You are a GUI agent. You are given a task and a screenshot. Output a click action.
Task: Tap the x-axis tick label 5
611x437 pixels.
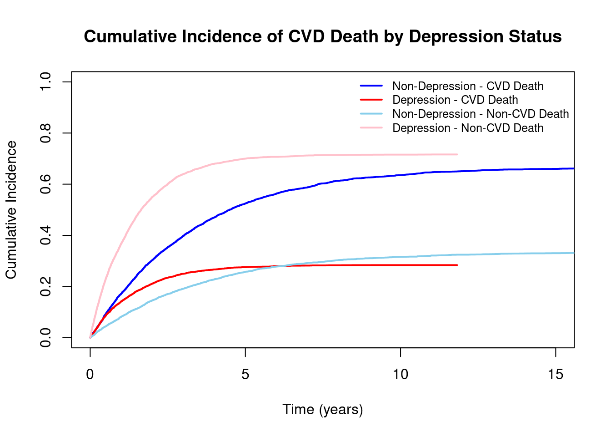point(245,375)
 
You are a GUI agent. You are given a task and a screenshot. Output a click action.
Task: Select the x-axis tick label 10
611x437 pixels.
point(401,375)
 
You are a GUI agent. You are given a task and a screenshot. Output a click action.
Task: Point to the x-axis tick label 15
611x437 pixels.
point(556,375)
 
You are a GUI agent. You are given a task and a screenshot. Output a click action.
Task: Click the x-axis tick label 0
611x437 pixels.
point(90,375)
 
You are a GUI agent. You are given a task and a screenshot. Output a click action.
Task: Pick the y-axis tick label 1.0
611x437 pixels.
point(45,82)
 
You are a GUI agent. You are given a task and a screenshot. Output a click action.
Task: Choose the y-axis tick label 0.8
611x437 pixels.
point(45,133)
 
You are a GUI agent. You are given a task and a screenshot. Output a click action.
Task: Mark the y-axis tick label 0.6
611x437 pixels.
point(45,184)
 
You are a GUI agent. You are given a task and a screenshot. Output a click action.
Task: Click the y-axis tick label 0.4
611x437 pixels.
point(45,235)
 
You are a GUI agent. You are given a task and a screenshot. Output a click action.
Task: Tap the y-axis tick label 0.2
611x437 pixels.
point(45,287)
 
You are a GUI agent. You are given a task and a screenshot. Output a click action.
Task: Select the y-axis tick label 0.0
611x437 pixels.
point(45,338)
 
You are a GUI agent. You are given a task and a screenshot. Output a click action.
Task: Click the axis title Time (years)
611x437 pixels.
point(323,410)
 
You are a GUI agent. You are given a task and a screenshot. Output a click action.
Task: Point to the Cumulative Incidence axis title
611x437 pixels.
point(11,209)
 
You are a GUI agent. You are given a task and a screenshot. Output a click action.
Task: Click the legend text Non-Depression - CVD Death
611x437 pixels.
point(468,86)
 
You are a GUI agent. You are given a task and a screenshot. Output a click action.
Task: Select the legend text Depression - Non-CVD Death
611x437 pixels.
point(468,128)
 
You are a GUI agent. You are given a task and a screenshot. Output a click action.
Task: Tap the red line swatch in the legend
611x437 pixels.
point(372,100)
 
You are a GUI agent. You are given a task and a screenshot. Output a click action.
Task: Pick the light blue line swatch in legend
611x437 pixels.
point(372,114)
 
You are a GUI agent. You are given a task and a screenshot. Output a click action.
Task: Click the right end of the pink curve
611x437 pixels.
point(457,154)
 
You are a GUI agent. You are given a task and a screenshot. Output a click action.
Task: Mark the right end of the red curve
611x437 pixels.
point(457,265)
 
